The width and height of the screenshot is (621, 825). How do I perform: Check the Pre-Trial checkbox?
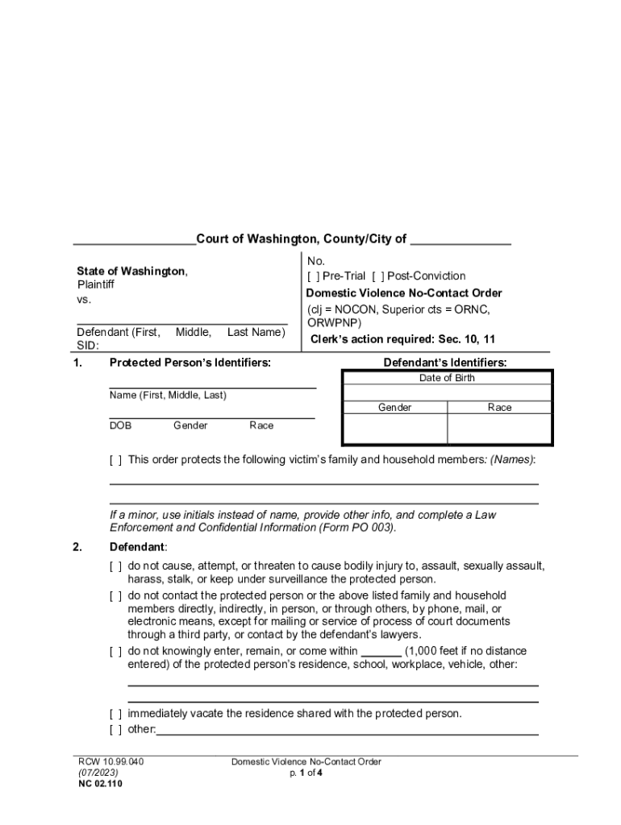pos(312,276)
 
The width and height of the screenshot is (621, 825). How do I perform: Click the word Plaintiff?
pos(95,284)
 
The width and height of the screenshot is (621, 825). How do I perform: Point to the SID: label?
pos(88,346)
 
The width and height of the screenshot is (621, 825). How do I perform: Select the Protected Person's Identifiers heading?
pos(190,363)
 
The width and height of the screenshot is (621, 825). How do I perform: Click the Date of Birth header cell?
pos(447,378)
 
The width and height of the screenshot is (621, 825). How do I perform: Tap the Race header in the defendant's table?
pos(499,408)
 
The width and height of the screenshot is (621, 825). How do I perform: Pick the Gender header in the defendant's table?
pos(394,408)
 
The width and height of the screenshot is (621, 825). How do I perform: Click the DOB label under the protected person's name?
pos(120,425)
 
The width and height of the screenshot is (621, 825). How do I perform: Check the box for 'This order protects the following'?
pos(116,460)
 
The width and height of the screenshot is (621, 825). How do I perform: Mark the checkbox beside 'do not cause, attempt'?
pos(116,566)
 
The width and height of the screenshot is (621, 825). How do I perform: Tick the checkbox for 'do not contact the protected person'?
pos(116,596)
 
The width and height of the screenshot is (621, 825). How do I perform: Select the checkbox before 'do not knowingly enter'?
pos(116,651)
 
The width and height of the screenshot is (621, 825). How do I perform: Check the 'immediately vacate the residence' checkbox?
pos(116,714)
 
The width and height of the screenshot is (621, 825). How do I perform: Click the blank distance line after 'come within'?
pos(381,651)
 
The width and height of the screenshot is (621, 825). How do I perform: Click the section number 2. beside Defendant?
pos(77,548)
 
